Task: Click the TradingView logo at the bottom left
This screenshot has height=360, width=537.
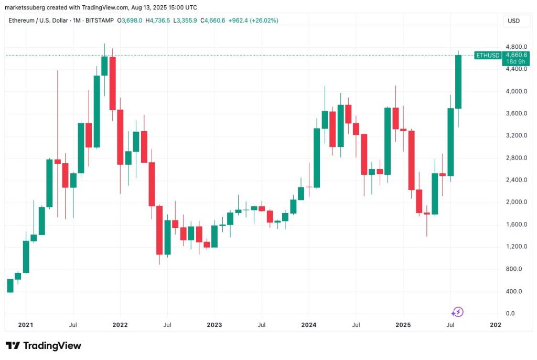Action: pos(44,345)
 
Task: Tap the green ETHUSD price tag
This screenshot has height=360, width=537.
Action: pos(487,55)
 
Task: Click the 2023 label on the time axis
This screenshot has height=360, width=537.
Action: pos(214,325)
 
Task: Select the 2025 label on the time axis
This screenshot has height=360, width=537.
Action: pos(403,325)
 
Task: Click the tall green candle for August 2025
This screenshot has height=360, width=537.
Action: pos(458,81)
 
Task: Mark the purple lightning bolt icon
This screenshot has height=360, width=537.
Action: pos(458,312)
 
